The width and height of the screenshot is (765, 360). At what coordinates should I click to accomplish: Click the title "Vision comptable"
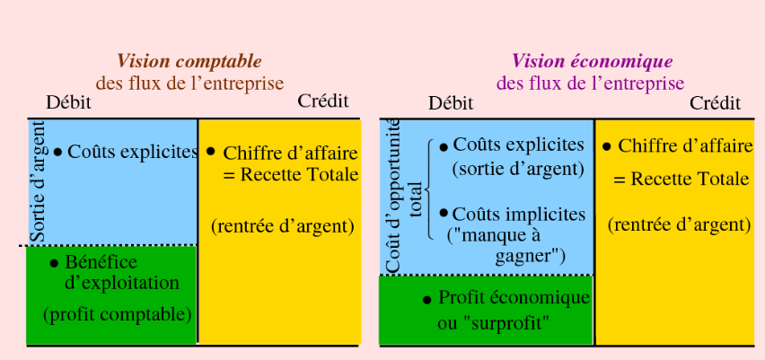coord(189,62)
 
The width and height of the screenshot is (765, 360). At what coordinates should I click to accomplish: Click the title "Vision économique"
coord(592,62)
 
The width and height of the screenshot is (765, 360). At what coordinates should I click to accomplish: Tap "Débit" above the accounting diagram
coord(68,101)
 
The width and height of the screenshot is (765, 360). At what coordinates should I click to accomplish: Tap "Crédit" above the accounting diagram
coord(322,101)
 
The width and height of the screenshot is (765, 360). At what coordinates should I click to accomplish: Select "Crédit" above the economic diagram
coord(715,102)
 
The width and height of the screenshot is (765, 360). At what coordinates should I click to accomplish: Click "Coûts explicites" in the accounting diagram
coord(132,152)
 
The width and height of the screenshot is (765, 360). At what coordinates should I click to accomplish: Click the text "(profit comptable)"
coord(118,314)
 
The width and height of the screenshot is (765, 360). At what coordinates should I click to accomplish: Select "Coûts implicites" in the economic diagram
coord(518,215)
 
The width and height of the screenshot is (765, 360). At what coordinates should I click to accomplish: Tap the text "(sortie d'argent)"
coord(518,168)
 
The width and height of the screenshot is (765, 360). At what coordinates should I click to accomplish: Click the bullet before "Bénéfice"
coord(54,264)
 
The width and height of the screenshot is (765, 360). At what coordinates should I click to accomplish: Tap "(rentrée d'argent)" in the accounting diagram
coord(283,226)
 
